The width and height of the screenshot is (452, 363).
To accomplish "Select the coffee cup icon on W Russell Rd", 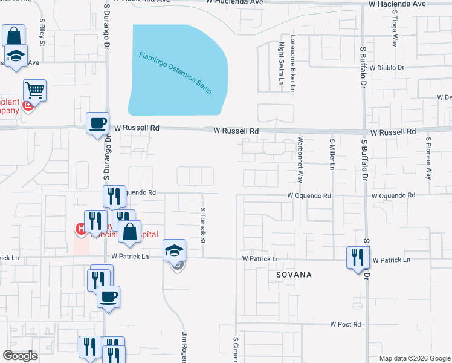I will click(98, 123).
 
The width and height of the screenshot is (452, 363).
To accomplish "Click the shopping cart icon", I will click(35, 91).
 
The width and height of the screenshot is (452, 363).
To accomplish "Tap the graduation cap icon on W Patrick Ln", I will click(174, 250).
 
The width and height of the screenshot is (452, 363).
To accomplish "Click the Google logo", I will click(20, 356).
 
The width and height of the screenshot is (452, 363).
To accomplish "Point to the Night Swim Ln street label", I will click(281, 67).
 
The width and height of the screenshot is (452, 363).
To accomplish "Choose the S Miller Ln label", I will click(332, 155).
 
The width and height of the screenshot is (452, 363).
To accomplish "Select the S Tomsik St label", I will click(203, 223).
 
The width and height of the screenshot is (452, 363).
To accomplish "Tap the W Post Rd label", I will click(346, 325).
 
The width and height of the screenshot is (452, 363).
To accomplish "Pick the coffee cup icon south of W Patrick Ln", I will click(108, 297).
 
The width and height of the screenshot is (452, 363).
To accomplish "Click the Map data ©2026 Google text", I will click(414, 358).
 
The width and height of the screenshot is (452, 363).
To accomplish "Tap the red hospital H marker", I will click(79, 229).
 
